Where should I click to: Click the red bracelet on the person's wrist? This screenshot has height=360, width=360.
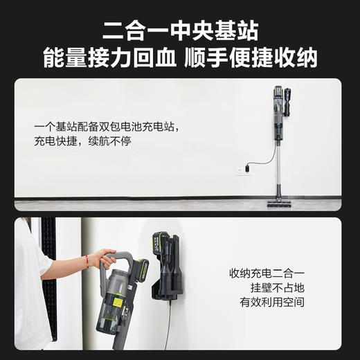(x=87, y=262)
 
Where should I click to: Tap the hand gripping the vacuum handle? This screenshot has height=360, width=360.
(x=102, y=258)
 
